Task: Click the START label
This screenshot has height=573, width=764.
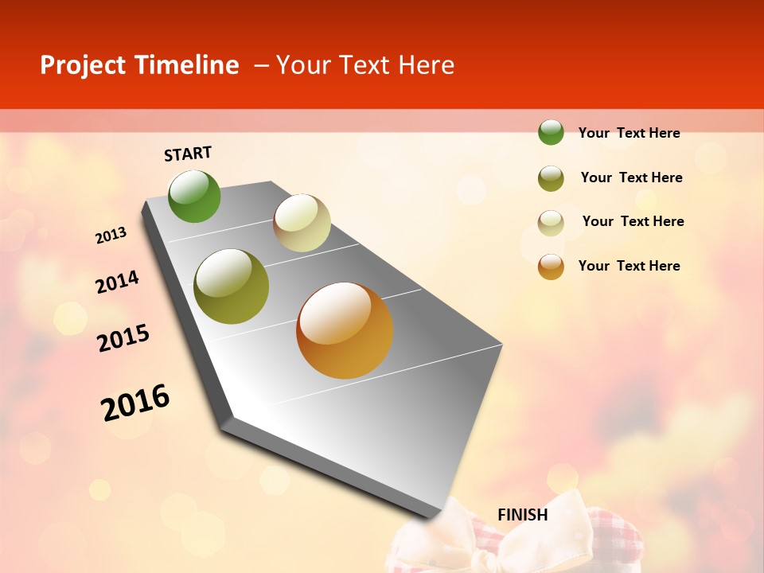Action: click(x=188, y=154)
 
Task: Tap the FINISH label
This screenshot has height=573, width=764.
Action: click(x=523, y=515)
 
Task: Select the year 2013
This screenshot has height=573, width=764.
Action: click(x=111, y=236)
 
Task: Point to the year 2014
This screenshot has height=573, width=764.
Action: click(x=117, y=283)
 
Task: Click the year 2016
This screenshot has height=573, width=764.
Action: click(x=135, y=402)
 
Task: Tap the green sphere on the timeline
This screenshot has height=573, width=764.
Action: click(x=194, y=197)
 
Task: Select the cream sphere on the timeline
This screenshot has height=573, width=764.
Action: click(x=302, y=223)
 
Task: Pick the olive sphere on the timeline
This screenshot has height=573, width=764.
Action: click(x=232, y=286)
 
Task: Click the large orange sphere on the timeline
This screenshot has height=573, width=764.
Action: click(x=345, y=330)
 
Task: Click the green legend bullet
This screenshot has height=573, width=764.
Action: click(x=551, y=133)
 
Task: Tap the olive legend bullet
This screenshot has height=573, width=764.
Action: click(x=551, y=178)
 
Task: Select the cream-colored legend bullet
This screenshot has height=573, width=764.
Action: click(x=551, y=222)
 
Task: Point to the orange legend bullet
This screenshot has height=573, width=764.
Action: click(x=551, y=267)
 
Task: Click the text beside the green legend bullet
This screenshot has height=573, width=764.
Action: click(x=629, y=134)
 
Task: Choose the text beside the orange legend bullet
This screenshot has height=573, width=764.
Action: click(x=629, y=266)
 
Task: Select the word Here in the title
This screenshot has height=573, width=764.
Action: click(x=427, y=65)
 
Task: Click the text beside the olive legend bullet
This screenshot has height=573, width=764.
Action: click(x=631, y=177)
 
